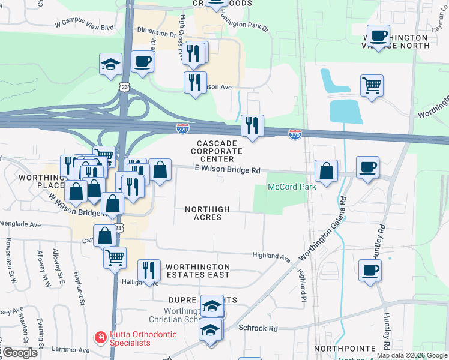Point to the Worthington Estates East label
197,271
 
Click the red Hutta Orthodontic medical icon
100,338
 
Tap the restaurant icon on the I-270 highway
252,126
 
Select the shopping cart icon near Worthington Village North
372,86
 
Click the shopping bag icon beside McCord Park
326,171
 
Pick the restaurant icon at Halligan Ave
147,271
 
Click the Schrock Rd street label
258,328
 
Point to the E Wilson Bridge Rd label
228,170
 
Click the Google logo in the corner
19,353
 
